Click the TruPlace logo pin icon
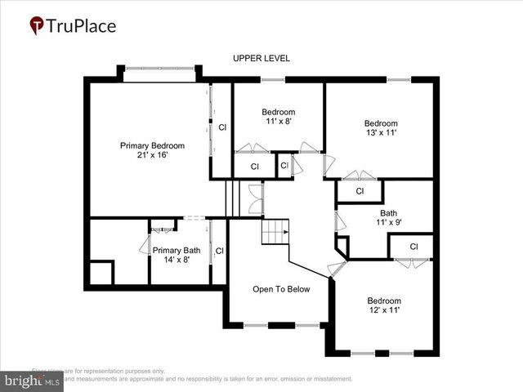[x=37, y=26]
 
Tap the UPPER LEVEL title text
[x=261, y=58]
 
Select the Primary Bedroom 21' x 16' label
[x=152, y=150]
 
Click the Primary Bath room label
[x=176, y=256]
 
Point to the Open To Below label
[x=280, y=289]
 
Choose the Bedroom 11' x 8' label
[x=278, y=116]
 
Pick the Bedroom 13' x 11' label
[x=381, y=129]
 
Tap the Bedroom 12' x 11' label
[x=383, y=305]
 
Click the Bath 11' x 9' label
[x=387, y=218]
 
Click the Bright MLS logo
[x=33, y=380]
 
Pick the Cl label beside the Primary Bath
[x=219, y=251]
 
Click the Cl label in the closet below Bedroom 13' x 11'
[x=360, y=191]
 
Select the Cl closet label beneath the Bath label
[x=413, y=247]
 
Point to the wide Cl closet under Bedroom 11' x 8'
[x=254, y=167]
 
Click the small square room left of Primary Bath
[x=101, y=273]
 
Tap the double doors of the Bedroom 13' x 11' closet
[x=359, y=175]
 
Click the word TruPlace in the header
[x=82, y=26]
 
